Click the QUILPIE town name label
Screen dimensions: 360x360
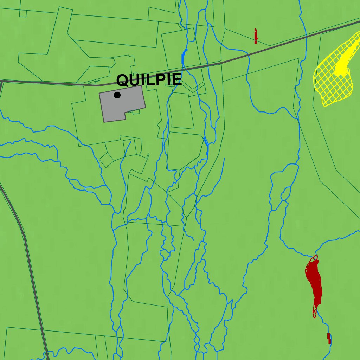[149, 80]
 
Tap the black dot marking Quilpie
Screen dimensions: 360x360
[117, 95]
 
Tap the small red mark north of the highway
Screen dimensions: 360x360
[256, 36]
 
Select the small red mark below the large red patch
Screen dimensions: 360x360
[329, 338]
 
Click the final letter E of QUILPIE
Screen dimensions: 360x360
[176, 80]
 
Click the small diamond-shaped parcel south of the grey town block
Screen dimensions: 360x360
[107, 160]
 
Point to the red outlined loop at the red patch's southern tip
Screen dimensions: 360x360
[315, 313]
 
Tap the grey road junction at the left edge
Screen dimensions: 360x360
[2, 82]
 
